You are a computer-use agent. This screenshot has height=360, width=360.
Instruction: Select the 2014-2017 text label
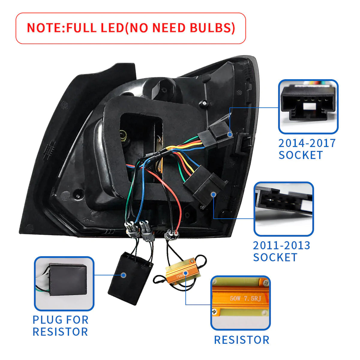click(x=307, y=143)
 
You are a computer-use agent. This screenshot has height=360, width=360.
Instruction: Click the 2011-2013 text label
click(x=281, y=245)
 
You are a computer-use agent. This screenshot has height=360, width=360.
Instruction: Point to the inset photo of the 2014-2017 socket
click(x=308, y=106)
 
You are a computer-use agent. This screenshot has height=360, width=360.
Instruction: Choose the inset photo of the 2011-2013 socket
click(x=283, y=209)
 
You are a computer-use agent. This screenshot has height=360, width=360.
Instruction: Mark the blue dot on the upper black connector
click(x=230, y=134)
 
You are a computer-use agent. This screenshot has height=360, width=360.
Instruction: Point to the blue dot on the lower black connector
click(x=213, y=194)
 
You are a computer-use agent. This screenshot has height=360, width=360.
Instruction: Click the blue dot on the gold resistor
click(x=185, y=273)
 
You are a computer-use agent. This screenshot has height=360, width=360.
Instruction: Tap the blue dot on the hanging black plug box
click(x=123, y=275)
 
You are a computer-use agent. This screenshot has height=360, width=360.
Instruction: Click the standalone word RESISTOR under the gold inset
click(x=241, y=340)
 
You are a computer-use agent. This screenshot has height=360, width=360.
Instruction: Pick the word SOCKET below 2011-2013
click(x=275, y=257)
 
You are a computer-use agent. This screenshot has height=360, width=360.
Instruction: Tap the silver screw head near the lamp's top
click(x=204, y=103)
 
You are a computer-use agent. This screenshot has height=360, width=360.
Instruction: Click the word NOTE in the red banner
click(x=44, y=28)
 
